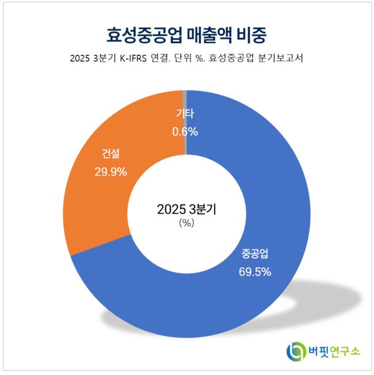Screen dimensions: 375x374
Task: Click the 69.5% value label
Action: [x=255, y=271]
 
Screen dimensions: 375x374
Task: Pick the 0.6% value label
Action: [x=185, y=131]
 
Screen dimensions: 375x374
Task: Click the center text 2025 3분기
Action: [x=186, y=210]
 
